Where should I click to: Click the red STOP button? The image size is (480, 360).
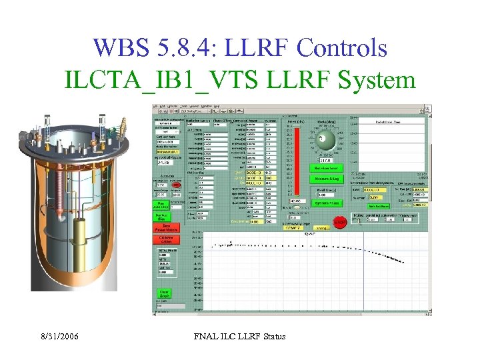(340, 223)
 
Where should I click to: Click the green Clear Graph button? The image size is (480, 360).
(163, 293)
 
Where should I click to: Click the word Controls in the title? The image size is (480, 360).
(342, 47)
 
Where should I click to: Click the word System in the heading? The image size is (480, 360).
(377, 80)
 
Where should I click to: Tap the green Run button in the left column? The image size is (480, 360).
(161, 204)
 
